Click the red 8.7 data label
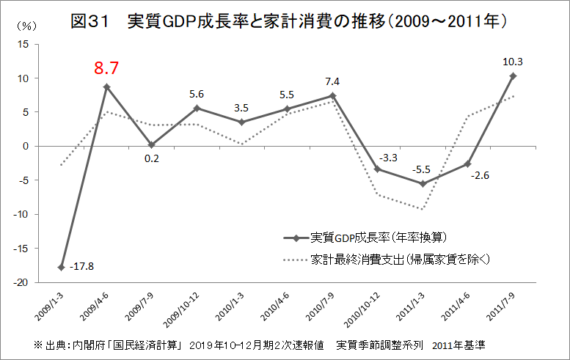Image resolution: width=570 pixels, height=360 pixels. pyautogui.click(x=106, y=70)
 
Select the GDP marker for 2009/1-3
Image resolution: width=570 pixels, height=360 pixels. pyautogui.click(x=61, y=267)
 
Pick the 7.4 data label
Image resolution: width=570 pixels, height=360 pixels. pyautogui.click(x=332, y=81)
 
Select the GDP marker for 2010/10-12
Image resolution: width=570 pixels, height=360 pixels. pyautogui.click(x=377, y=169)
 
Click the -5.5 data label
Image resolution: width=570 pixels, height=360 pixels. pyautogui.click(x=422, y=169)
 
